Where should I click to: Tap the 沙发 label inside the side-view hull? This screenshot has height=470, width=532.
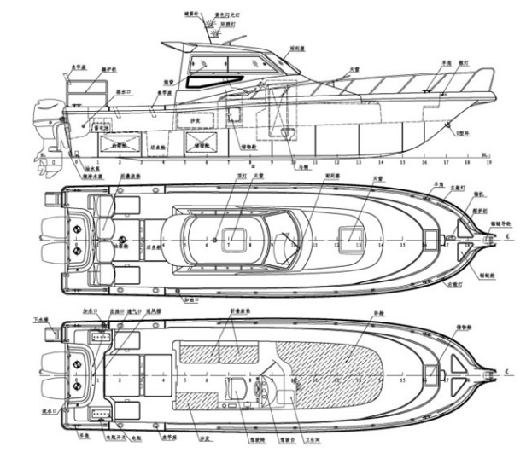[x=195, y=123]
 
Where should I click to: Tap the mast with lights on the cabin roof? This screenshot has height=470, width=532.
[x=205, y=34]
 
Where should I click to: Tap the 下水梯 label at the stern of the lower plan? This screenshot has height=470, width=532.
[x=39, y=322]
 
